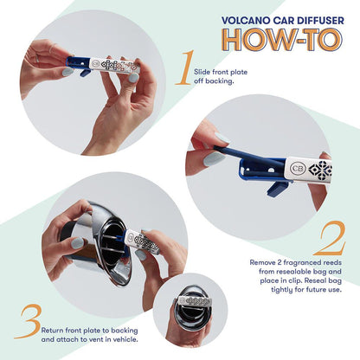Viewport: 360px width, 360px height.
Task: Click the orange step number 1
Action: [x=183, y=68]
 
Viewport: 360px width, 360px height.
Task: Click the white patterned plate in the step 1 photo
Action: [x=113, y=65]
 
